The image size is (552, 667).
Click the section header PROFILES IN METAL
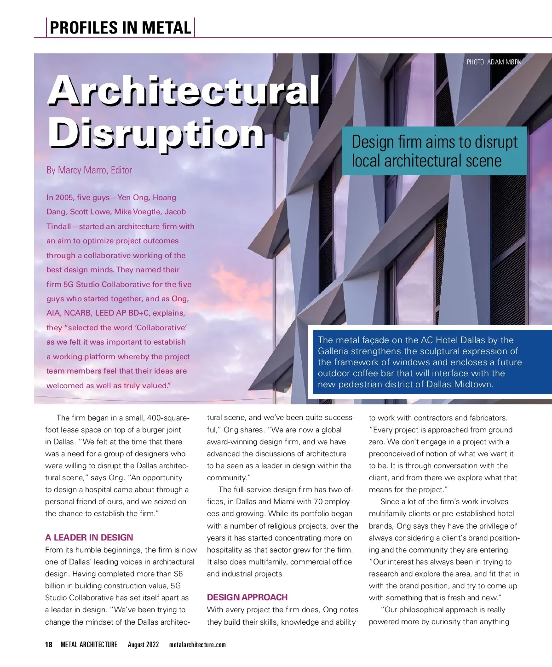click(x=121, y=28)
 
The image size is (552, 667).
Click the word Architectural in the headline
click(x=184, y=90)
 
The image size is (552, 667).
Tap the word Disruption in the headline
click(x=156, y=133)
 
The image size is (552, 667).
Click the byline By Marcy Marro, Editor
click(x=89, y=170)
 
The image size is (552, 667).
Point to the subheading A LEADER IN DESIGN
click(x=89, y=537)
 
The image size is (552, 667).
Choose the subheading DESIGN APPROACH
click(x=247, y=597)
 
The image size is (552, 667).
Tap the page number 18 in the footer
click(x=49, y=644)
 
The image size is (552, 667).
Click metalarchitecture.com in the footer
click(x=197, y=644)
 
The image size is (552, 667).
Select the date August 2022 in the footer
click(x=143, y=644)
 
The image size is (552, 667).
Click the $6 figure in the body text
click(x=178, y=574)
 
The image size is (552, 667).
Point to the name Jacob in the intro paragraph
click(x=175, y=212)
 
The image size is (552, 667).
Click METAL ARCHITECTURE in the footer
click(x=89, y=644)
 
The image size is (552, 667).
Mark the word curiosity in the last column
click(x=448, y=621)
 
